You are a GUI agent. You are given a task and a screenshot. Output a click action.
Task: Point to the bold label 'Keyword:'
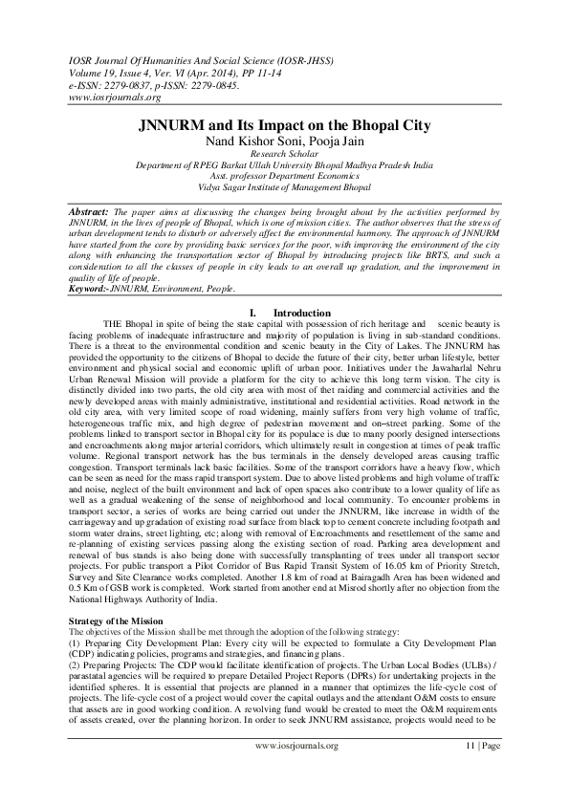(x=94, y=263)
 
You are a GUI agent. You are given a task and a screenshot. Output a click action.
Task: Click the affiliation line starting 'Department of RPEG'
(x=284, y=165)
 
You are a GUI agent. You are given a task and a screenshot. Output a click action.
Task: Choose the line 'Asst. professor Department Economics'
(x=284, y=178)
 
